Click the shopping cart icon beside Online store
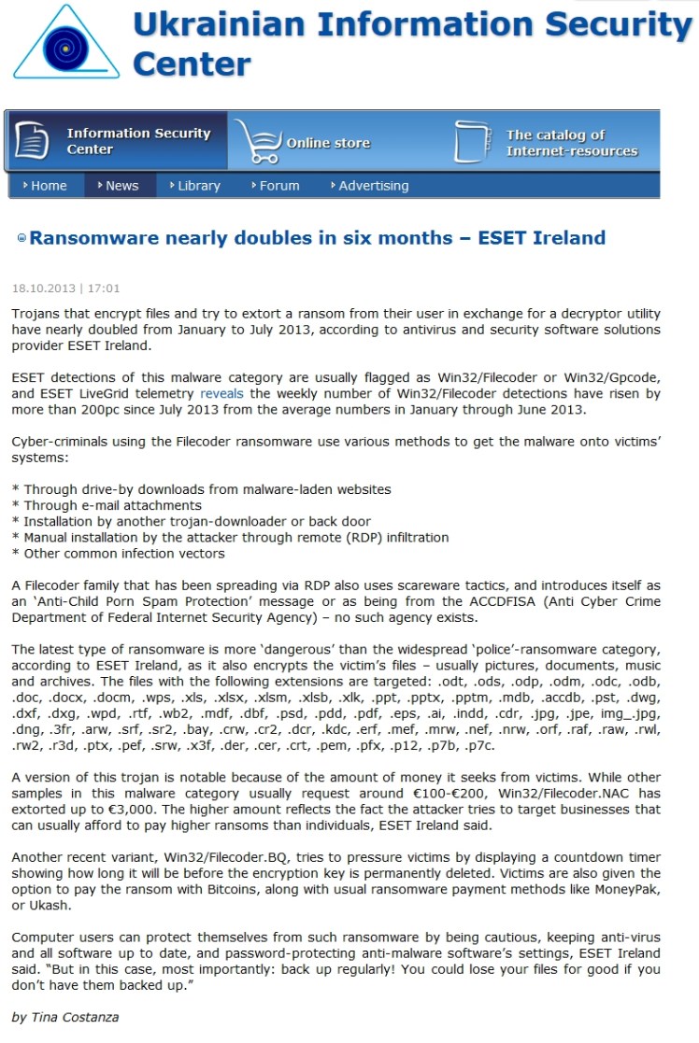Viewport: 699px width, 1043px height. [x=257, y=142]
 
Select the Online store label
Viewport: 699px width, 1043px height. [x=328, y=143]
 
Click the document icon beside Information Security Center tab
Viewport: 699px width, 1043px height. [x=33, y=140]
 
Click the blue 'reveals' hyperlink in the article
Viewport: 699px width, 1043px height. [x=221, y=394]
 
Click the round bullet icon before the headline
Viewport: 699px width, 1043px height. [x=21, y=239]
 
